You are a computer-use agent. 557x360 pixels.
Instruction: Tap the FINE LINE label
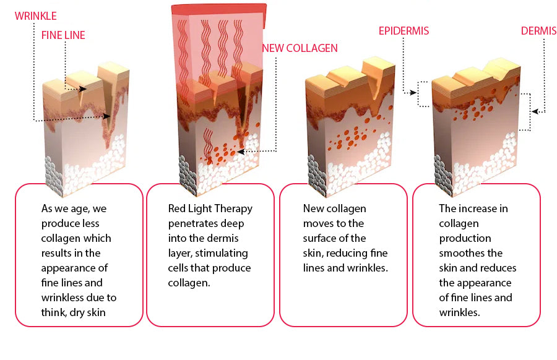[63, 35]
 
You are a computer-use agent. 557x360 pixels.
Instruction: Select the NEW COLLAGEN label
[300, 48]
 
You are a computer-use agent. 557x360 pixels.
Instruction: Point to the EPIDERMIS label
[404, 31]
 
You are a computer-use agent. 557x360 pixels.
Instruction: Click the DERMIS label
[538, 31]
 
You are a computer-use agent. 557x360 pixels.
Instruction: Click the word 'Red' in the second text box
[177, 208]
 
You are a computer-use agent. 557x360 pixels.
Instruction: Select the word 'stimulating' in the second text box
[222, 253]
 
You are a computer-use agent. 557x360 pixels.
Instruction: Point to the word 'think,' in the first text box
[55, 312]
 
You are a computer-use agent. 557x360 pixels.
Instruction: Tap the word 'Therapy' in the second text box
[233, 208]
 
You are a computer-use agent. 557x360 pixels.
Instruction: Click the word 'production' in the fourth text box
[465, 238]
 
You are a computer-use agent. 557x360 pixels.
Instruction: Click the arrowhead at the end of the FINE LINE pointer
[84, 90]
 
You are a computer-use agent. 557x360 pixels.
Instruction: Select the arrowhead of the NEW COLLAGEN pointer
[239, 150]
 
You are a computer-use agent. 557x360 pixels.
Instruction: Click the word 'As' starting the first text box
[47, 208]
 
